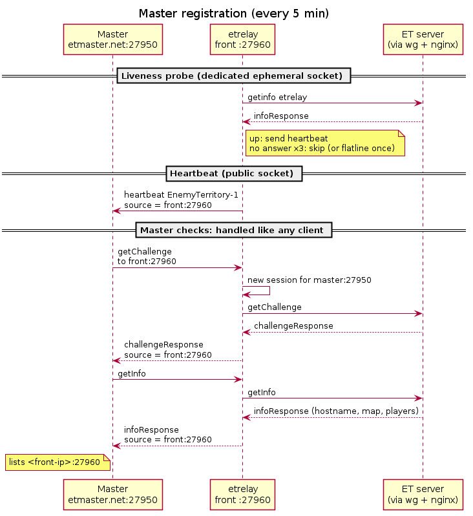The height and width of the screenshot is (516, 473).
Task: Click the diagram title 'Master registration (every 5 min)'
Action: coord(234,14)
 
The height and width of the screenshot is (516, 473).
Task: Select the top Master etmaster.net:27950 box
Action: coord(113,39)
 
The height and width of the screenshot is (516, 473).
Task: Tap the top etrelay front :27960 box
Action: coord(242,39)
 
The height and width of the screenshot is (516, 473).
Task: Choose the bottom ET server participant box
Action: coord(423,495)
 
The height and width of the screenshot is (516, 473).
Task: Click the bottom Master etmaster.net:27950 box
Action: coord(113,495)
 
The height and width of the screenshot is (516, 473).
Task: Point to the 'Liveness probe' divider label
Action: coord(234,76)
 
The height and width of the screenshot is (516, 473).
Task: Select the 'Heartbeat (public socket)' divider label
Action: coord(234,174)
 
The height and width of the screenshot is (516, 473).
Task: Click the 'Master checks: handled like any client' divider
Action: coord(234,230)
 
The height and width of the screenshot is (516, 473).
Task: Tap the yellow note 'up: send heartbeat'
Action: coord(325,143)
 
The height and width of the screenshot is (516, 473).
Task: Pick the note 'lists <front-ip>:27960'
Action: coord(58,462)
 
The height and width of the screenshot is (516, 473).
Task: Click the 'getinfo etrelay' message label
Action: coord(277,98)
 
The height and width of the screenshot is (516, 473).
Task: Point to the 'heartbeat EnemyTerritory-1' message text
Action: coord(181,195)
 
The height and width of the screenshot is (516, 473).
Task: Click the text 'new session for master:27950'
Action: coord(309,280)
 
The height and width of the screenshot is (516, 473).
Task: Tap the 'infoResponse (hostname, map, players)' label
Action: coord(336,411)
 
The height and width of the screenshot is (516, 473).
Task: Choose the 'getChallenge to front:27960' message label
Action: coord(147,256)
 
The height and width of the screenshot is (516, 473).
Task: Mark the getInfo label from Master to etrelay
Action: coord(132,373)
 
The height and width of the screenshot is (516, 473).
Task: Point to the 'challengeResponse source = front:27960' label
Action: coord(168,349)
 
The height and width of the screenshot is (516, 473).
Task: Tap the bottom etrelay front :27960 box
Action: coord(242,495)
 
